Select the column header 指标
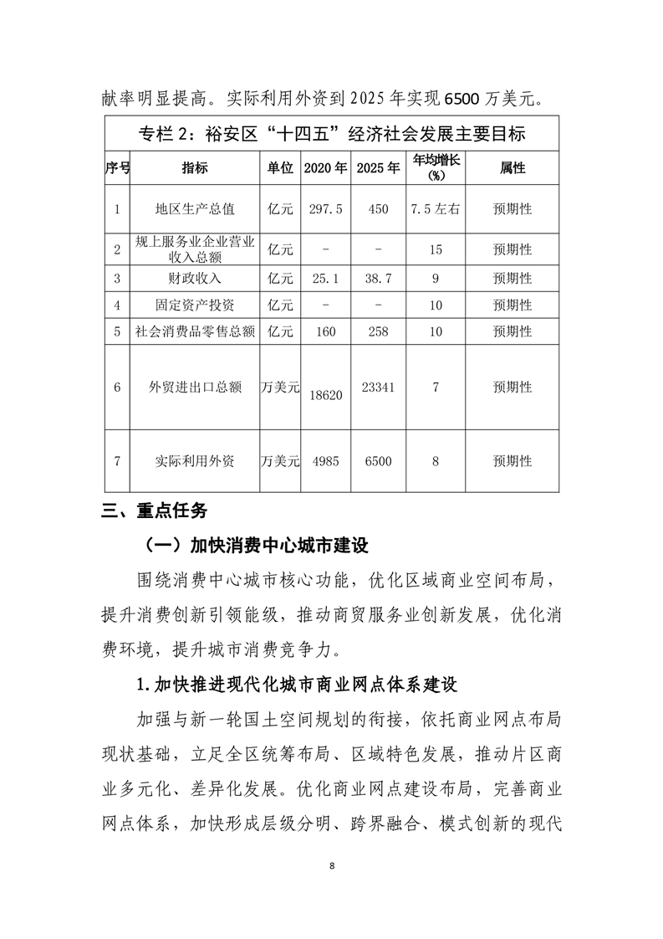click(x=195, y=167)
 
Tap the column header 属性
click(x=513, y=167)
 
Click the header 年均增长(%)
click(x=435, y=168)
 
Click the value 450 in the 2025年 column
click(x=378, y=209)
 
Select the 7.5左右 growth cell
click(x=435, y=209)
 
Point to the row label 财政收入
click(x=195, y=278)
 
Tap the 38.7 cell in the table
click(x=378, y=278)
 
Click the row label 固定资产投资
click(x=195, y=305)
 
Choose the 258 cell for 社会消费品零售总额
click(x=378, y=331)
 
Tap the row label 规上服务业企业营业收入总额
click(x=195, y=249)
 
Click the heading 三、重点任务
click(x=153, y=511)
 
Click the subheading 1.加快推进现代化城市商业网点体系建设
click(x=297, y=684)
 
